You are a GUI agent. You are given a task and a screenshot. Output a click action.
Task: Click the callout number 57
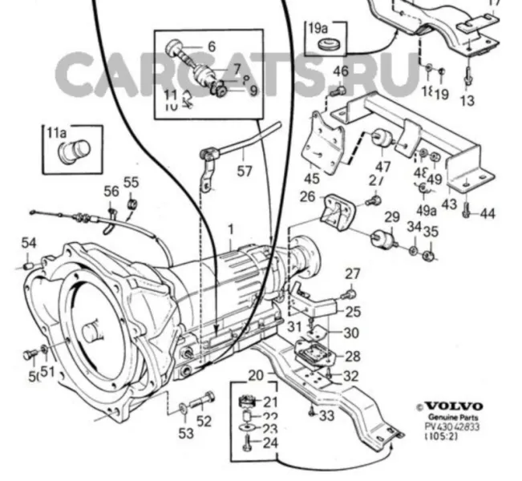[245, 171]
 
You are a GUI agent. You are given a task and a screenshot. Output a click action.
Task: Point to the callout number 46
[341, 72]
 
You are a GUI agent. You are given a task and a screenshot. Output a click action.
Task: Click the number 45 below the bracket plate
[311, 178]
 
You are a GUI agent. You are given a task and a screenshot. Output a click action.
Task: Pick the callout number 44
[488, 213]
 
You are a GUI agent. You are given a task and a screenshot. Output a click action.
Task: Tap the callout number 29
[391, 217]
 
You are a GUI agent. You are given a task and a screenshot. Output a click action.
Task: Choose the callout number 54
[29, 243]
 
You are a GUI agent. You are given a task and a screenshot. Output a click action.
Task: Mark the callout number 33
[326, 415]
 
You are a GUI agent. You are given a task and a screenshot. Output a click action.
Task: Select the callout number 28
[352, 356]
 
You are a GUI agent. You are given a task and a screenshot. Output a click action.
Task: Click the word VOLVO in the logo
[454, 406]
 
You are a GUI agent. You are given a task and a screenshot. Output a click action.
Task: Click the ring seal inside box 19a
[325, 42]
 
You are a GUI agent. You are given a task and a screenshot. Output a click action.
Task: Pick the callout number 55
[131, 182]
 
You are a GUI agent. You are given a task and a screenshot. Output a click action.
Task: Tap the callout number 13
[467, 100]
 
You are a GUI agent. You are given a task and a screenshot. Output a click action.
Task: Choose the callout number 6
[211, 47]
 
